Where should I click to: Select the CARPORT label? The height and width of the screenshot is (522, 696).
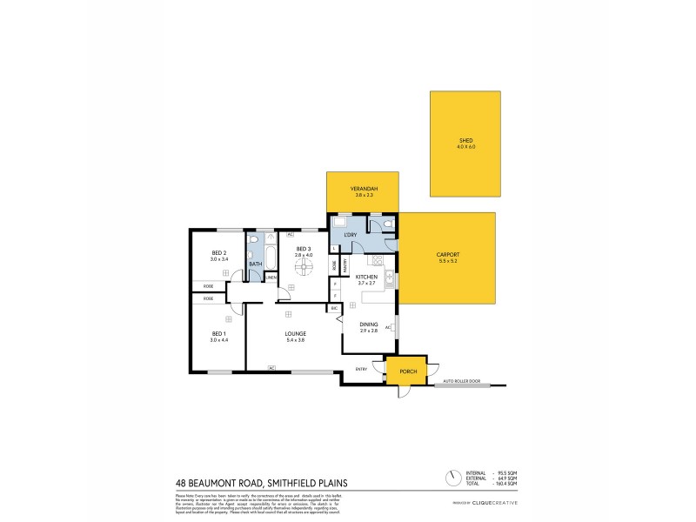pos(447,255)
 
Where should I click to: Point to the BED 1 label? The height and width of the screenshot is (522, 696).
pos(217,335)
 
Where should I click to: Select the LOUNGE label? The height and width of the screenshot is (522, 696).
pos(293,333)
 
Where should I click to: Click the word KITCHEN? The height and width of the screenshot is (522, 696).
pos(365,278)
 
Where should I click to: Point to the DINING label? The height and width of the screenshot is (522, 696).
pos(369,325)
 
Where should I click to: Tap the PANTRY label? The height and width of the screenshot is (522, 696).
pos(345,267)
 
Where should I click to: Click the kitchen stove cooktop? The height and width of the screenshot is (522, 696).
pos(378,260)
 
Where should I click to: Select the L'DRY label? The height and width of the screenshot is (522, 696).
pos(352,235)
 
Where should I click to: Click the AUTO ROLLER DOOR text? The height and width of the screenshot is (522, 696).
pos(461,381)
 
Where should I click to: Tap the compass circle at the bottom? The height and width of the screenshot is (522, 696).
pos(452,478)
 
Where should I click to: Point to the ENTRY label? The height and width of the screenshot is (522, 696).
pos(361,370)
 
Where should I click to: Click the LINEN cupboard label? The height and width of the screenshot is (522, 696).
pos(271,277)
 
